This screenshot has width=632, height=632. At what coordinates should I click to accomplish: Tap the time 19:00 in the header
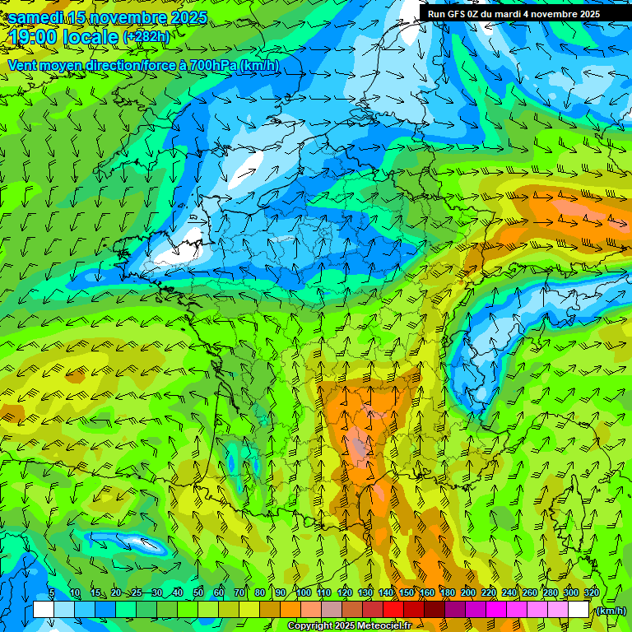pyautogui.click(x=35, y=37)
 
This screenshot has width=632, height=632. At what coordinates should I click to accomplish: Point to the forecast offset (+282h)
pyautogui.click(x=146, y=37)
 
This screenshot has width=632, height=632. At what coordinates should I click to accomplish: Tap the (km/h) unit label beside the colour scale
pyautogui.click(x=610, y=611)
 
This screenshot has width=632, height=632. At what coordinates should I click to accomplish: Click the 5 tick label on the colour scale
pyautogui.click(x=51, y=593)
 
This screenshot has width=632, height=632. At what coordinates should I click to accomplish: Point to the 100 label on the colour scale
pyautogui.click(x=304, y=593)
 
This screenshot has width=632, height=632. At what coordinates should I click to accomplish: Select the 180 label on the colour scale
pyautogui.click(x=448, y=593)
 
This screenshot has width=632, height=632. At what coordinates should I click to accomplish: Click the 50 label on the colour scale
pyautogui.click(x=198, y=593)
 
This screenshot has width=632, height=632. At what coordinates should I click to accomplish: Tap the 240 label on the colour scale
pyautogui.click(x=509, y=593)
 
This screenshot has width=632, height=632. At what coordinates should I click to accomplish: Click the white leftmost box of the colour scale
pyautogui.click(x=44, y=610)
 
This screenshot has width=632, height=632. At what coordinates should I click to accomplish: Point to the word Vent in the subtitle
pyautogui.click(x=22, y=65)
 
